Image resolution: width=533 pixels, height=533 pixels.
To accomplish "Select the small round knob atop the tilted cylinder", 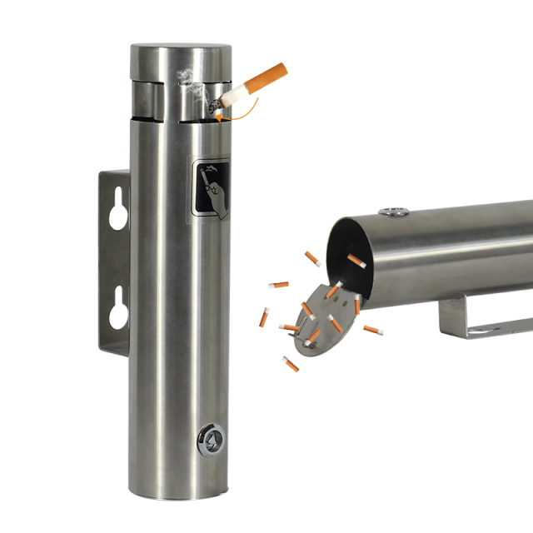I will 392,212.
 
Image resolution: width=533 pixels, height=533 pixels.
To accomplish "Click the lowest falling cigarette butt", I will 291,363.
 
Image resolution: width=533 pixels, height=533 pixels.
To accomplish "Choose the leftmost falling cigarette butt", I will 266,316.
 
